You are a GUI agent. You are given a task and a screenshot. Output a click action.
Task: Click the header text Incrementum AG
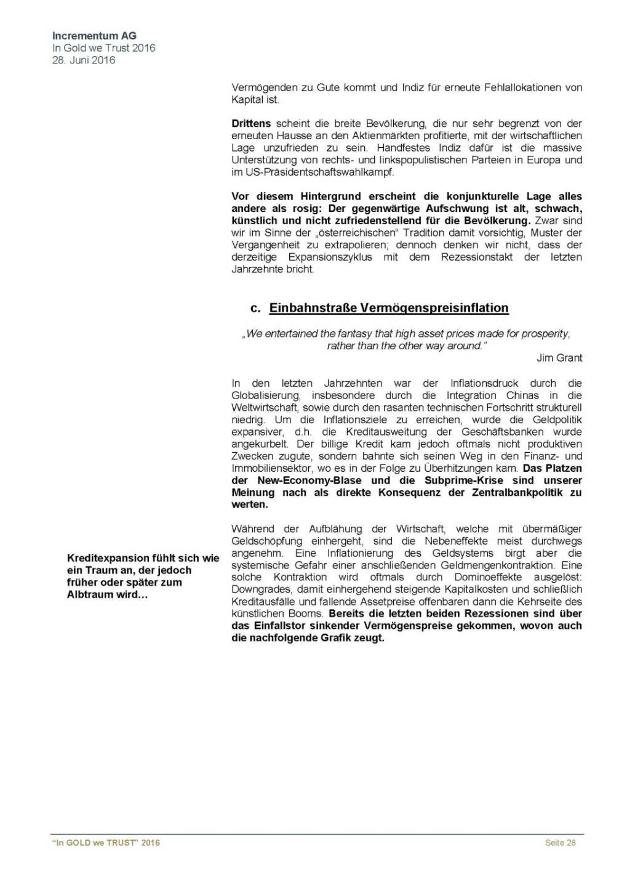94,36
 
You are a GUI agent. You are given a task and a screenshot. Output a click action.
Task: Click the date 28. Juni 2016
83,60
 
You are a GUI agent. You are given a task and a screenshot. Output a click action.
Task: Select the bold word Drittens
251,124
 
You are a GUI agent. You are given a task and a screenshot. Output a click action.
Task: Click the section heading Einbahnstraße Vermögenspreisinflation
388,308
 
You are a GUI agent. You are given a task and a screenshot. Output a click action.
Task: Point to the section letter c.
255,308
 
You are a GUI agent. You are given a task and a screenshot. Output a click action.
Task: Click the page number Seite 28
560,843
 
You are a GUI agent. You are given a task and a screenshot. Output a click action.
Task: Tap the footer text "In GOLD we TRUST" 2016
106,843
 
